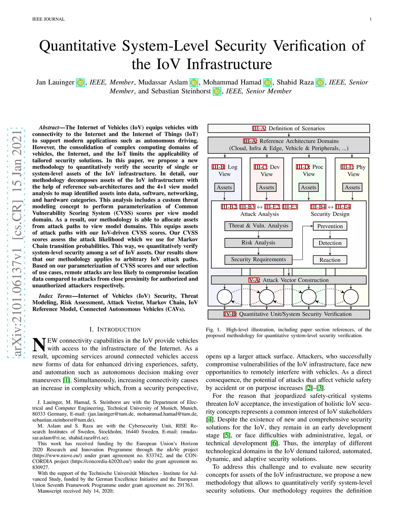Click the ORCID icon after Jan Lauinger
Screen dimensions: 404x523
[80, 82]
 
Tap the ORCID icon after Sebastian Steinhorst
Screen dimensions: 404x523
[217, 92]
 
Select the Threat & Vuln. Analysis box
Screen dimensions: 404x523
[258, 226]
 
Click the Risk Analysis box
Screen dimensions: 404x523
[258, 243]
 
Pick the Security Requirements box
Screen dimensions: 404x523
[258, 259]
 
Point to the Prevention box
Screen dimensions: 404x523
[330, 226]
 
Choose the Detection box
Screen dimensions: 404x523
[330, 243]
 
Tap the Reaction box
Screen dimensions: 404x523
[330, 260]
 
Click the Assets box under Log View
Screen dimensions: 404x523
[224, 187]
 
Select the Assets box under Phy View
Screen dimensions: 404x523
[352, 187]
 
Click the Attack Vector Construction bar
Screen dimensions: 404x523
[288, 280]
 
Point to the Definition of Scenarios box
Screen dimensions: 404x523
[288, 128]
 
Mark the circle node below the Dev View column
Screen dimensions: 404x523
[266, 297]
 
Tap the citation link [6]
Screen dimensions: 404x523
[274, 443]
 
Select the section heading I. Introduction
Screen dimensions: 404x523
[115, 329]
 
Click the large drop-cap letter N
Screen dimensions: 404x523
[39, 345]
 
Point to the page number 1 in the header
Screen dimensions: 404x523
[370, 19]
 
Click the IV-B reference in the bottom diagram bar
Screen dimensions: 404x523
[230, 314]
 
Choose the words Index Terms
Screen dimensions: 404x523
[55, 296]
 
